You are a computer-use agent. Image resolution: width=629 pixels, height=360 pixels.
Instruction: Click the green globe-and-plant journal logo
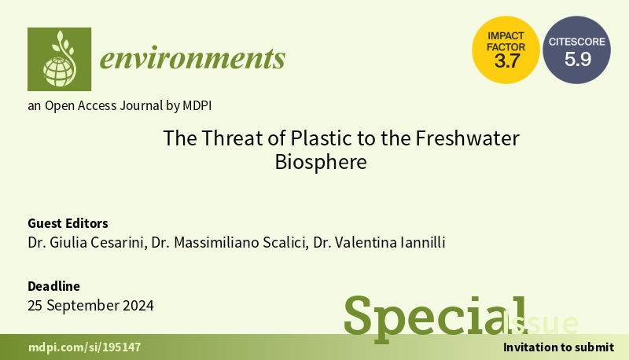coord(60,59)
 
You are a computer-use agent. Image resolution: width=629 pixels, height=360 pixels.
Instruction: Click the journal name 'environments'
coord(193,58)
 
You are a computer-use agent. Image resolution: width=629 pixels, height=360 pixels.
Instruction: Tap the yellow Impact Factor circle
coord(506,50)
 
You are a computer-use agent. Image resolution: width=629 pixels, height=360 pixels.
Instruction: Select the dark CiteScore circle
coord(577,50)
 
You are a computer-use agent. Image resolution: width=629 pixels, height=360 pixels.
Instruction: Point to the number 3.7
coord(507,61)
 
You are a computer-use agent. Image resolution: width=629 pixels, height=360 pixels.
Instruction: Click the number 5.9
coord(578,59)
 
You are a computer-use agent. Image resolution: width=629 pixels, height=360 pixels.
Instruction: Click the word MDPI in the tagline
coord(197,106)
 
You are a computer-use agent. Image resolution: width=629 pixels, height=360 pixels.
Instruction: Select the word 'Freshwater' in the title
coord(467,138)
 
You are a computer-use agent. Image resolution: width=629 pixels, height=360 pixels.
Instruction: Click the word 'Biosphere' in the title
coord(321,163)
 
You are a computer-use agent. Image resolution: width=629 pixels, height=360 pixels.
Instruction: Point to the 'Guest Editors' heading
coord(68,223)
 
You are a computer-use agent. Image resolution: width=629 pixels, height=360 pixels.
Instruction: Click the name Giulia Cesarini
coord(97,243)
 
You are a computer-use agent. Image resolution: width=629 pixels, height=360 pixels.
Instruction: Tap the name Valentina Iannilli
coord(390,243)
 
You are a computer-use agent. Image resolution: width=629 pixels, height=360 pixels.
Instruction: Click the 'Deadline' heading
coord(53,286)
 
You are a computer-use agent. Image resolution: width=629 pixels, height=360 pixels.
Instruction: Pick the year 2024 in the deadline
coord(138,306)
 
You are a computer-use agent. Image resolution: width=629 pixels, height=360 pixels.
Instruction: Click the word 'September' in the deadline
coord(83,306)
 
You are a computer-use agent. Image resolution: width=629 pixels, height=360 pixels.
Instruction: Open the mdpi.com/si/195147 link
coord(85,347)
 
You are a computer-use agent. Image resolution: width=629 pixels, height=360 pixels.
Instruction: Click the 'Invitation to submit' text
coord(558,347)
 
